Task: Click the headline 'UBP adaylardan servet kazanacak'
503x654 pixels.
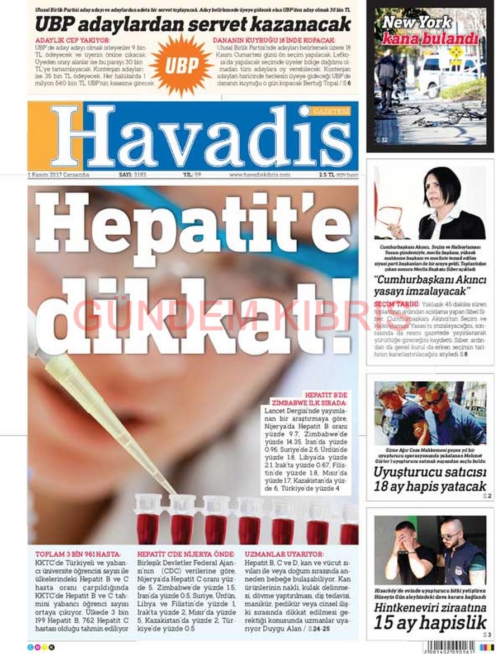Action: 193,24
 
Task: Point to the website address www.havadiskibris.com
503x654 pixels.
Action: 259,174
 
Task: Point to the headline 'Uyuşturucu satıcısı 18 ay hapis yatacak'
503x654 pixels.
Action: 430,479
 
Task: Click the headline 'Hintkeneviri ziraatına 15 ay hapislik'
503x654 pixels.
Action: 430,615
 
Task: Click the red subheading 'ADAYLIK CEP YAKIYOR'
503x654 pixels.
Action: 73,41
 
